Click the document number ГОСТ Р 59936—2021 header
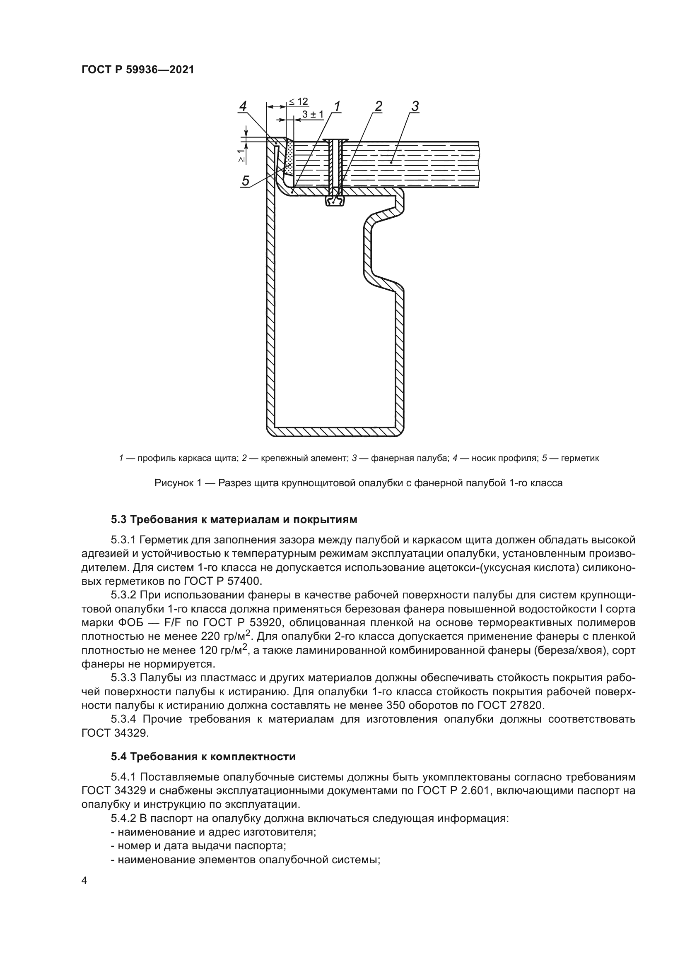pos(137,70)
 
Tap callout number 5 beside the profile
pos(245,181)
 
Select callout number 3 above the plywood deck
pos(415,106)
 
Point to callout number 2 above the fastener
pos(379,106)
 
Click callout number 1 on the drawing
pos(337,106)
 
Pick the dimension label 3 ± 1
pos(313,115)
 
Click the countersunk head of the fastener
pos(335,140)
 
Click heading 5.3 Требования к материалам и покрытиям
pos(234,519)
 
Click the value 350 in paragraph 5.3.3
pos(395,705)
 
